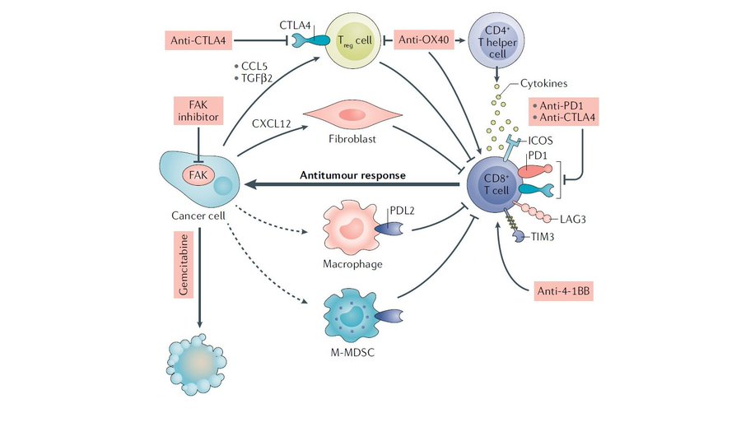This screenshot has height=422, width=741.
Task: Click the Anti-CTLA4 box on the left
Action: [198, 39]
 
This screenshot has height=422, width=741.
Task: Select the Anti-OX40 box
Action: [425, 39]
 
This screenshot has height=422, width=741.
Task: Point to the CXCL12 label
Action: [272, 123]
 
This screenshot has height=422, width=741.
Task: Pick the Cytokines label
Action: [543, 85]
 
